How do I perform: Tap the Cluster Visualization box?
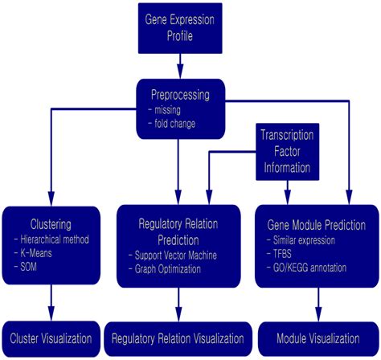coord(52,336)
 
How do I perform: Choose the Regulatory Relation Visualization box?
coord(178,337)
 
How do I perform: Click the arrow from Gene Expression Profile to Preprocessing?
coord(178,61)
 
